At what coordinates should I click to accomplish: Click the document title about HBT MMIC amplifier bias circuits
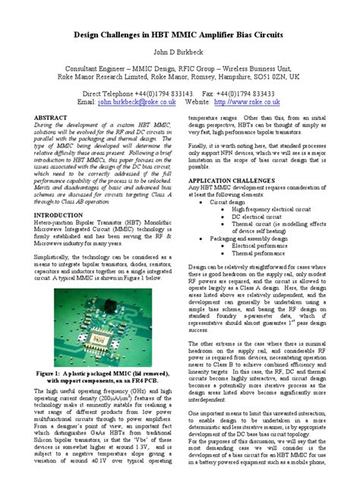[180, 34]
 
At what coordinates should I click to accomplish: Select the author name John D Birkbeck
[180, 52]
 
